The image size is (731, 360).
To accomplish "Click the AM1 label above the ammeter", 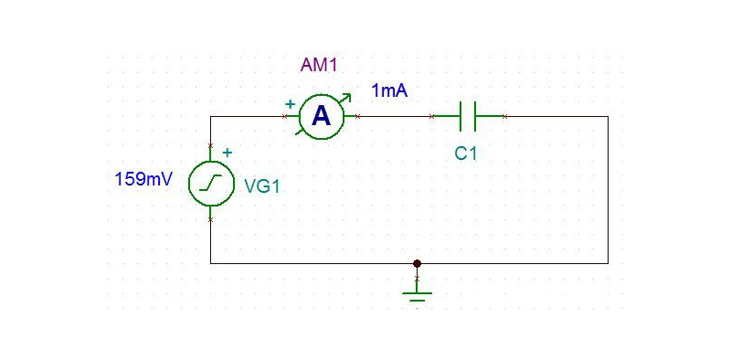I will pos(319,65).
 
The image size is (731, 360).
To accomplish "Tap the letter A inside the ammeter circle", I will pos(321,116).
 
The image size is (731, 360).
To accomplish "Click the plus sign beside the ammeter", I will pos(290,104).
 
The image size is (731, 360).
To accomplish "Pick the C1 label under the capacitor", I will pos(466,154).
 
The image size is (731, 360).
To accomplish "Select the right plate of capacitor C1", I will pos(476,116).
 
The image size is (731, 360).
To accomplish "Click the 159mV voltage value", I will pos(143,179).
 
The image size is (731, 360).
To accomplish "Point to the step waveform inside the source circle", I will pos(211,184).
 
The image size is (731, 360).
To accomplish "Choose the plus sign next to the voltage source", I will pos(228,154).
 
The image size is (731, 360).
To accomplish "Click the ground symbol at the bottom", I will pos(418,291).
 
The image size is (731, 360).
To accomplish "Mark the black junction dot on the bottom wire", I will pos(418,263).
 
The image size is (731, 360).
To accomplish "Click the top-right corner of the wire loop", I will pos(608,116).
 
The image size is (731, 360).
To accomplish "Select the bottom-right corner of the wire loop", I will pos(608,263).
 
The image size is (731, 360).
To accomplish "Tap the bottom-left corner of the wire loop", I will pos(211,263).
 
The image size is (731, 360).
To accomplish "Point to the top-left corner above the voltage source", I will pos(211,116).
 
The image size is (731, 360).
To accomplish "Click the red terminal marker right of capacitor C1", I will pos(504,116).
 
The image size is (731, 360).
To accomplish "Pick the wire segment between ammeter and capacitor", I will pos(395,116).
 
